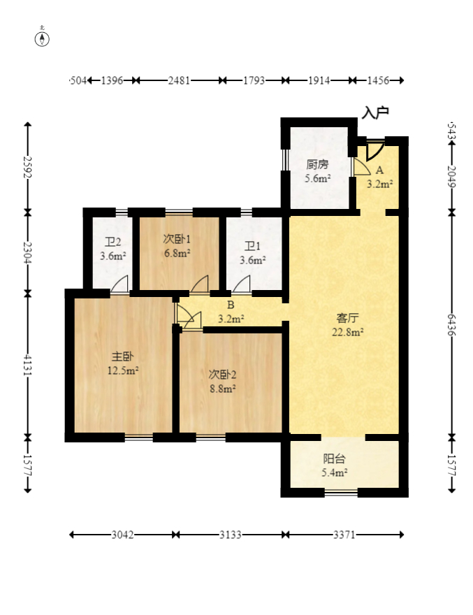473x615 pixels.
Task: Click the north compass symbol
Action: [x=42, y=39]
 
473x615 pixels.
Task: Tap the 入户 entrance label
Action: [x=375, y=113]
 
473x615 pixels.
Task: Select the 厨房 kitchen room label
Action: [x=317, y=164]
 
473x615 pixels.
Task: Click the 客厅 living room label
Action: [x=347, y=317]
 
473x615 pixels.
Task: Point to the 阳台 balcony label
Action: [x=334, y=458]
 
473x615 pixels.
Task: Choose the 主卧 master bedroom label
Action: [x=123, y=356]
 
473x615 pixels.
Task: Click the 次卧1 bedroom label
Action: [x=177, y=239]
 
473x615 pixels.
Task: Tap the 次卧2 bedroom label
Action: [x=222, y=375]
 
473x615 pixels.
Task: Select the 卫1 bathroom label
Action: [x=252, y=246]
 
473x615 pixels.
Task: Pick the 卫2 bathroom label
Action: [x=112, y=242]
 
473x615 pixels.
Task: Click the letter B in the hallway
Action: [x=231, y=305]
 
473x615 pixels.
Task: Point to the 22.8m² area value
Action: [x=347, y=332]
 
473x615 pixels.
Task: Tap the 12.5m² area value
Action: [x=123, y=370]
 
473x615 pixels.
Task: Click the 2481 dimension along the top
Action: [x=179, y=80]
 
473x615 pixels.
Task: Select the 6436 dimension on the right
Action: [x=452, y=325]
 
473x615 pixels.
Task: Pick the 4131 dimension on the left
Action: [x=27, y=365]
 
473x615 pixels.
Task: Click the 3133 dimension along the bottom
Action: [x=231, y=535]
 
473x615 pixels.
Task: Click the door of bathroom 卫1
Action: [x=241, y=284]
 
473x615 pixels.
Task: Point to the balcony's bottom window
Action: [x=341, y=492]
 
